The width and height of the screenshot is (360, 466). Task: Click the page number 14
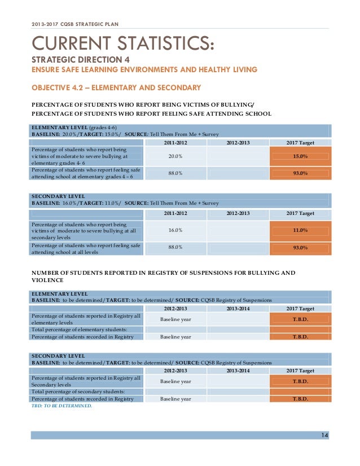tap(324, 434)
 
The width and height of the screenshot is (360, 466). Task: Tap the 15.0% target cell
tap(300, 156)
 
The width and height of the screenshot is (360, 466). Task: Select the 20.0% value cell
tap(175, 156)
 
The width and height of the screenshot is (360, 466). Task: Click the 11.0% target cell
tap(300, 230)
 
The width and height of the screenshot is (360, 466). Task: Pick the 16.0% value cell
tap(175, 230)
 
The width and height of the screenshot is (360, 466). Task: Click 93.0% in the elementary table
tap(300, 173)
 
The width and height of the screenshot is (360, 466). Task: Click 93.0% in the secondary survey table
tap(300, 248)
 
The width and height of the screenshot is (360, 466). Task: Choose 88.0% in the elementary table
tap(175, 173)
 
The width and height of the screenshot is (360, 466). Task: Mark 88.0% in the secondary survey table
tap(175, 248)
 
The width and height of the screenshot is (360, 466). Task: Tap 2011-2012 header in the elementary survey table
tap(175, 142)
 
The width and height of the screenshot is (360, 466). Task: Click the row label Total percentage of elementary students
tap(80, 329)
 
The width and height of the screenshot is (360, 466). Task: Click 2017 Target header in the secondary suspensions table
tap(300, 371)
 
